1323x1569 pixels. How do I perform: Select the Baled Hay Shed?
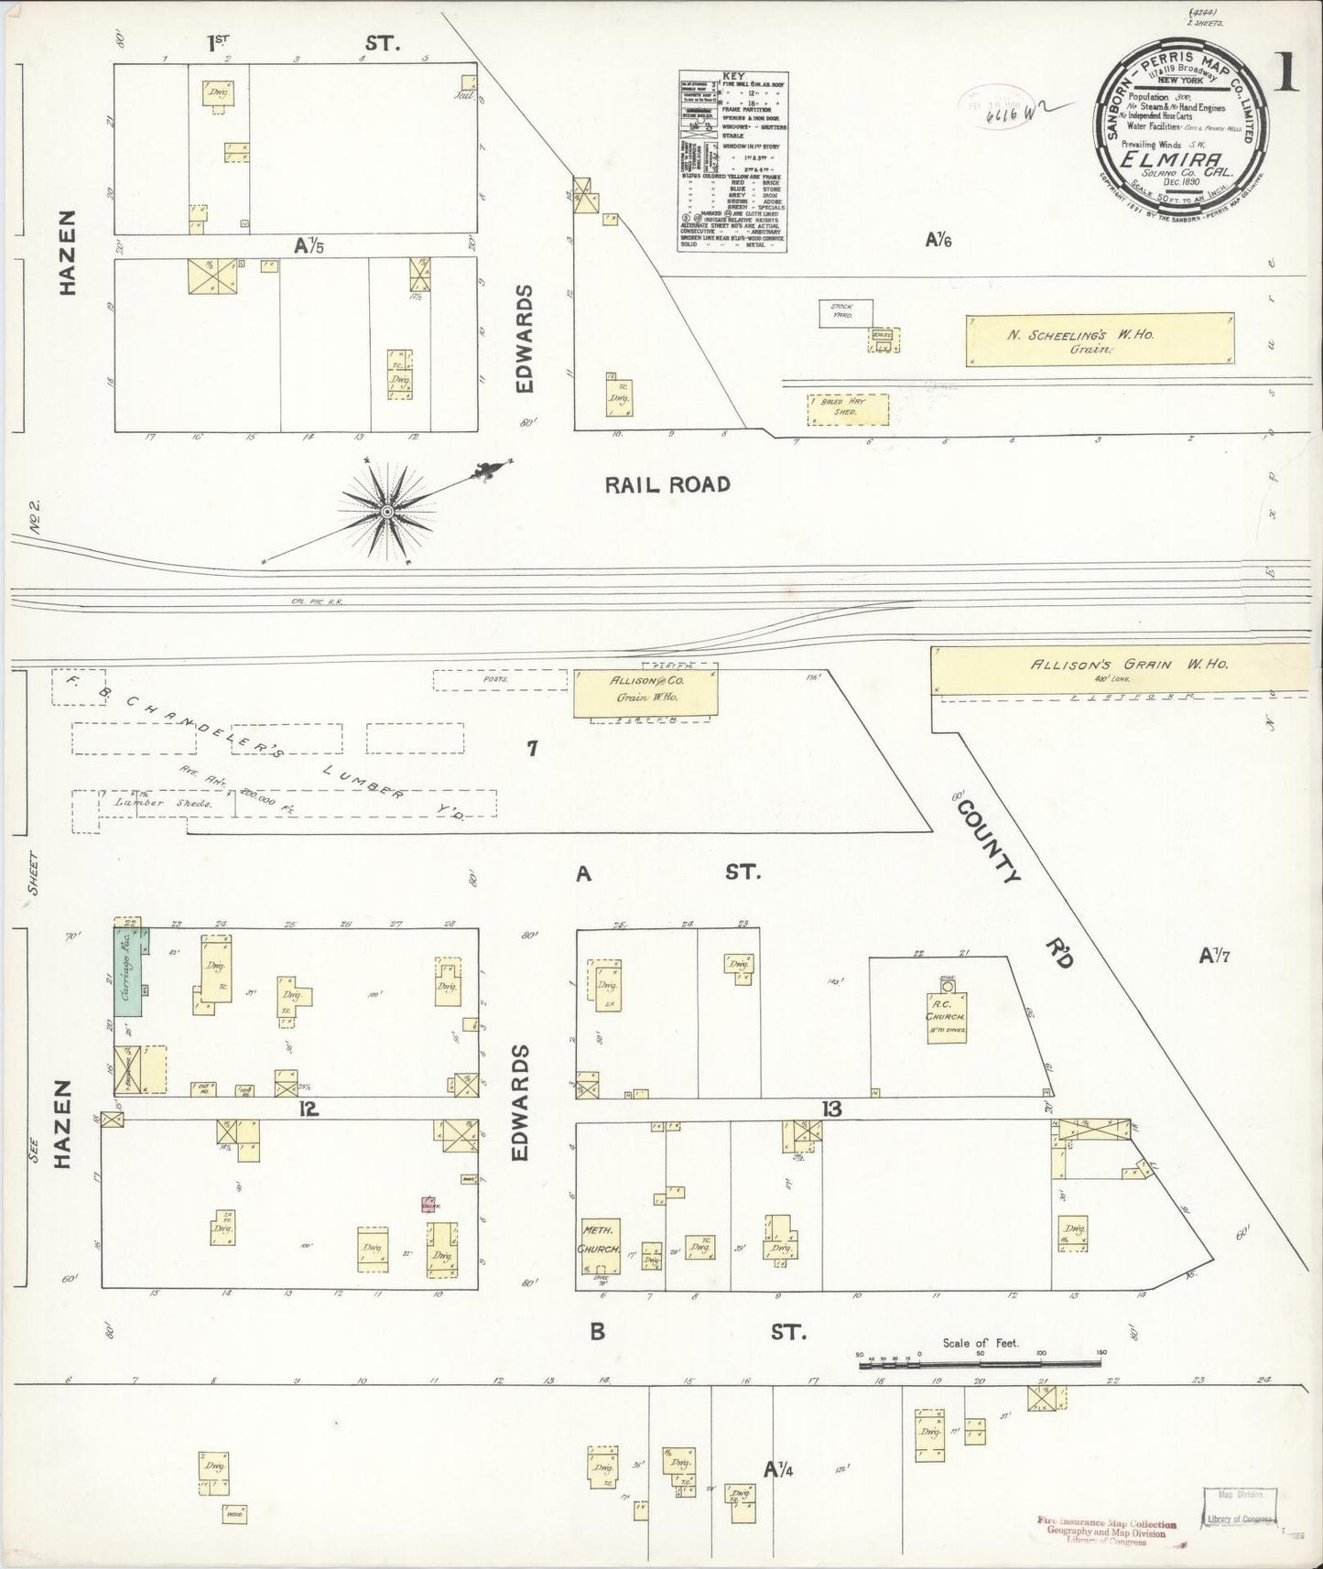click(x=848, y=409)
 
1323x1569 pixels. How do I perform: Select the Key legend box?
click(x=733, y=161)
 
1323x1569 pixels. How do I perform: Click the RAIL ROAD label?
click(x=667, y=484)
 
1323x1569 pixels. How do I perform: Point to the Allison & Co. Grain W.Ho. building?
click(x=645, y=693)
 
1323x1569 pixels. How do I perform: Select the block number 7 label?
click(x=531, y=749)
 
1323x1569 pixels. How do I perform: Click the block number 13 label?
click(x=831, y=1109)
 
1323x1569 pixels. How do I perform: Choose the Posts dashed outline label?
click(x=499, y=679)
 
